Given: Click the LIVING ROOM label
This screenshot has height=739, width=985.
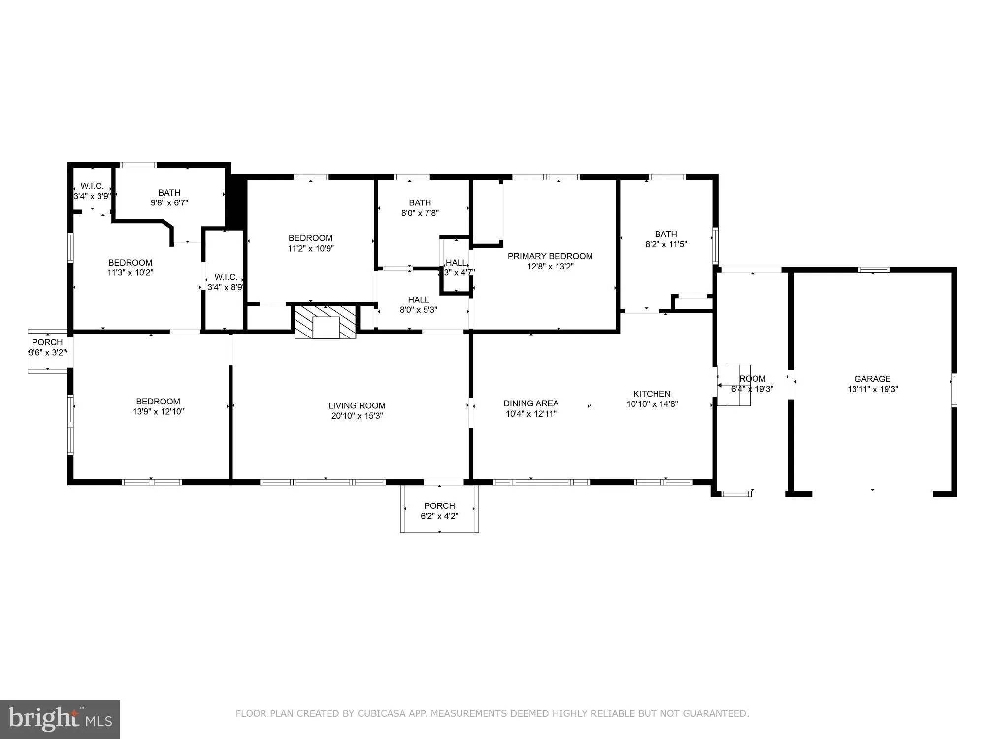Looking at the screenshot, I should [x=357, y=406].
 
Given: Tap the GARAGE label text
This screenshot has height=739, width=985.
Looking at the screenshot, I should [x=872, y=379].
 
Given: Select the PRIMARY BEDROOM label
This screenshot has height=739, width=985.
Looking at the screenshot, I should [x=550, y=256].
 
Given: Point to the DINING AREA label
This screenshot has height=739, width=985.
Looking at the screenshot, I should [x=531, y=403].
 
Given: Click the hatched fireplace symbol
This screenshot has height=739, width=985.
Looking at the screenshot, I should [x=326, y=321].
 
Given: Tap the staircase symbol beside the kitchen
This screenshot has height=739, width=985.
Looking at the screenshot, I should [x=733, y=385].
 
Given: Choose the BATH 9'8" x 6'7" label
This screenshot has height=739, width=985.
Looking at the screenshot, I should [x=169, y=198].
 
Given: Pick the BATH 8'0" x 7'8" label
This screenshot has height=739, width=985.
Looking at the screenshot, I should [x=420, y=208].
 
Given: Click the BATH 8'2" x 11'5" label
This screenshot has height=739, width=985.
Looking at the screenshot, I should [x=666, y=239].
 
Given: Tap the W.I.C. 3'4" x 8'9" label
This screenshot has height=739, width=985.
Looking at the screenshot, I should [x=226, y=282].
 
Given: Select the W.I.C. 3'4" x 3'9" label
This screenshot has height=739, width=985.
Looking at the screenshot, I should [x=92, y=191].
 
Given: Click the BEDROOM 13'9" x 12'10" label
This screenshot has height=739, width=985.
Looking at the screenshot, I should [x=158, y=406].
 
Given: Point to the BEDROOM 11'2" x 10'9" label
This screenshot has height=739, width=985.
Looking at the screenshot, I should [x=310, y=243].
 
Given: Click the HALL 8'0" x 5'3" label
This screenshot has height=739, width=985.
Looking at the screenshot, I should [x=418, y=305].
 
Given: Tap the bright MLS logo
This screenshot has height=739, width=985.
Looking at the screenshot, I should [x=60, y=719].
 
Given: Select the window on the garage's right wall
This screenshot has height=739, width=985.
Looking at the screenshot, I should [x=954, y=390].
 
